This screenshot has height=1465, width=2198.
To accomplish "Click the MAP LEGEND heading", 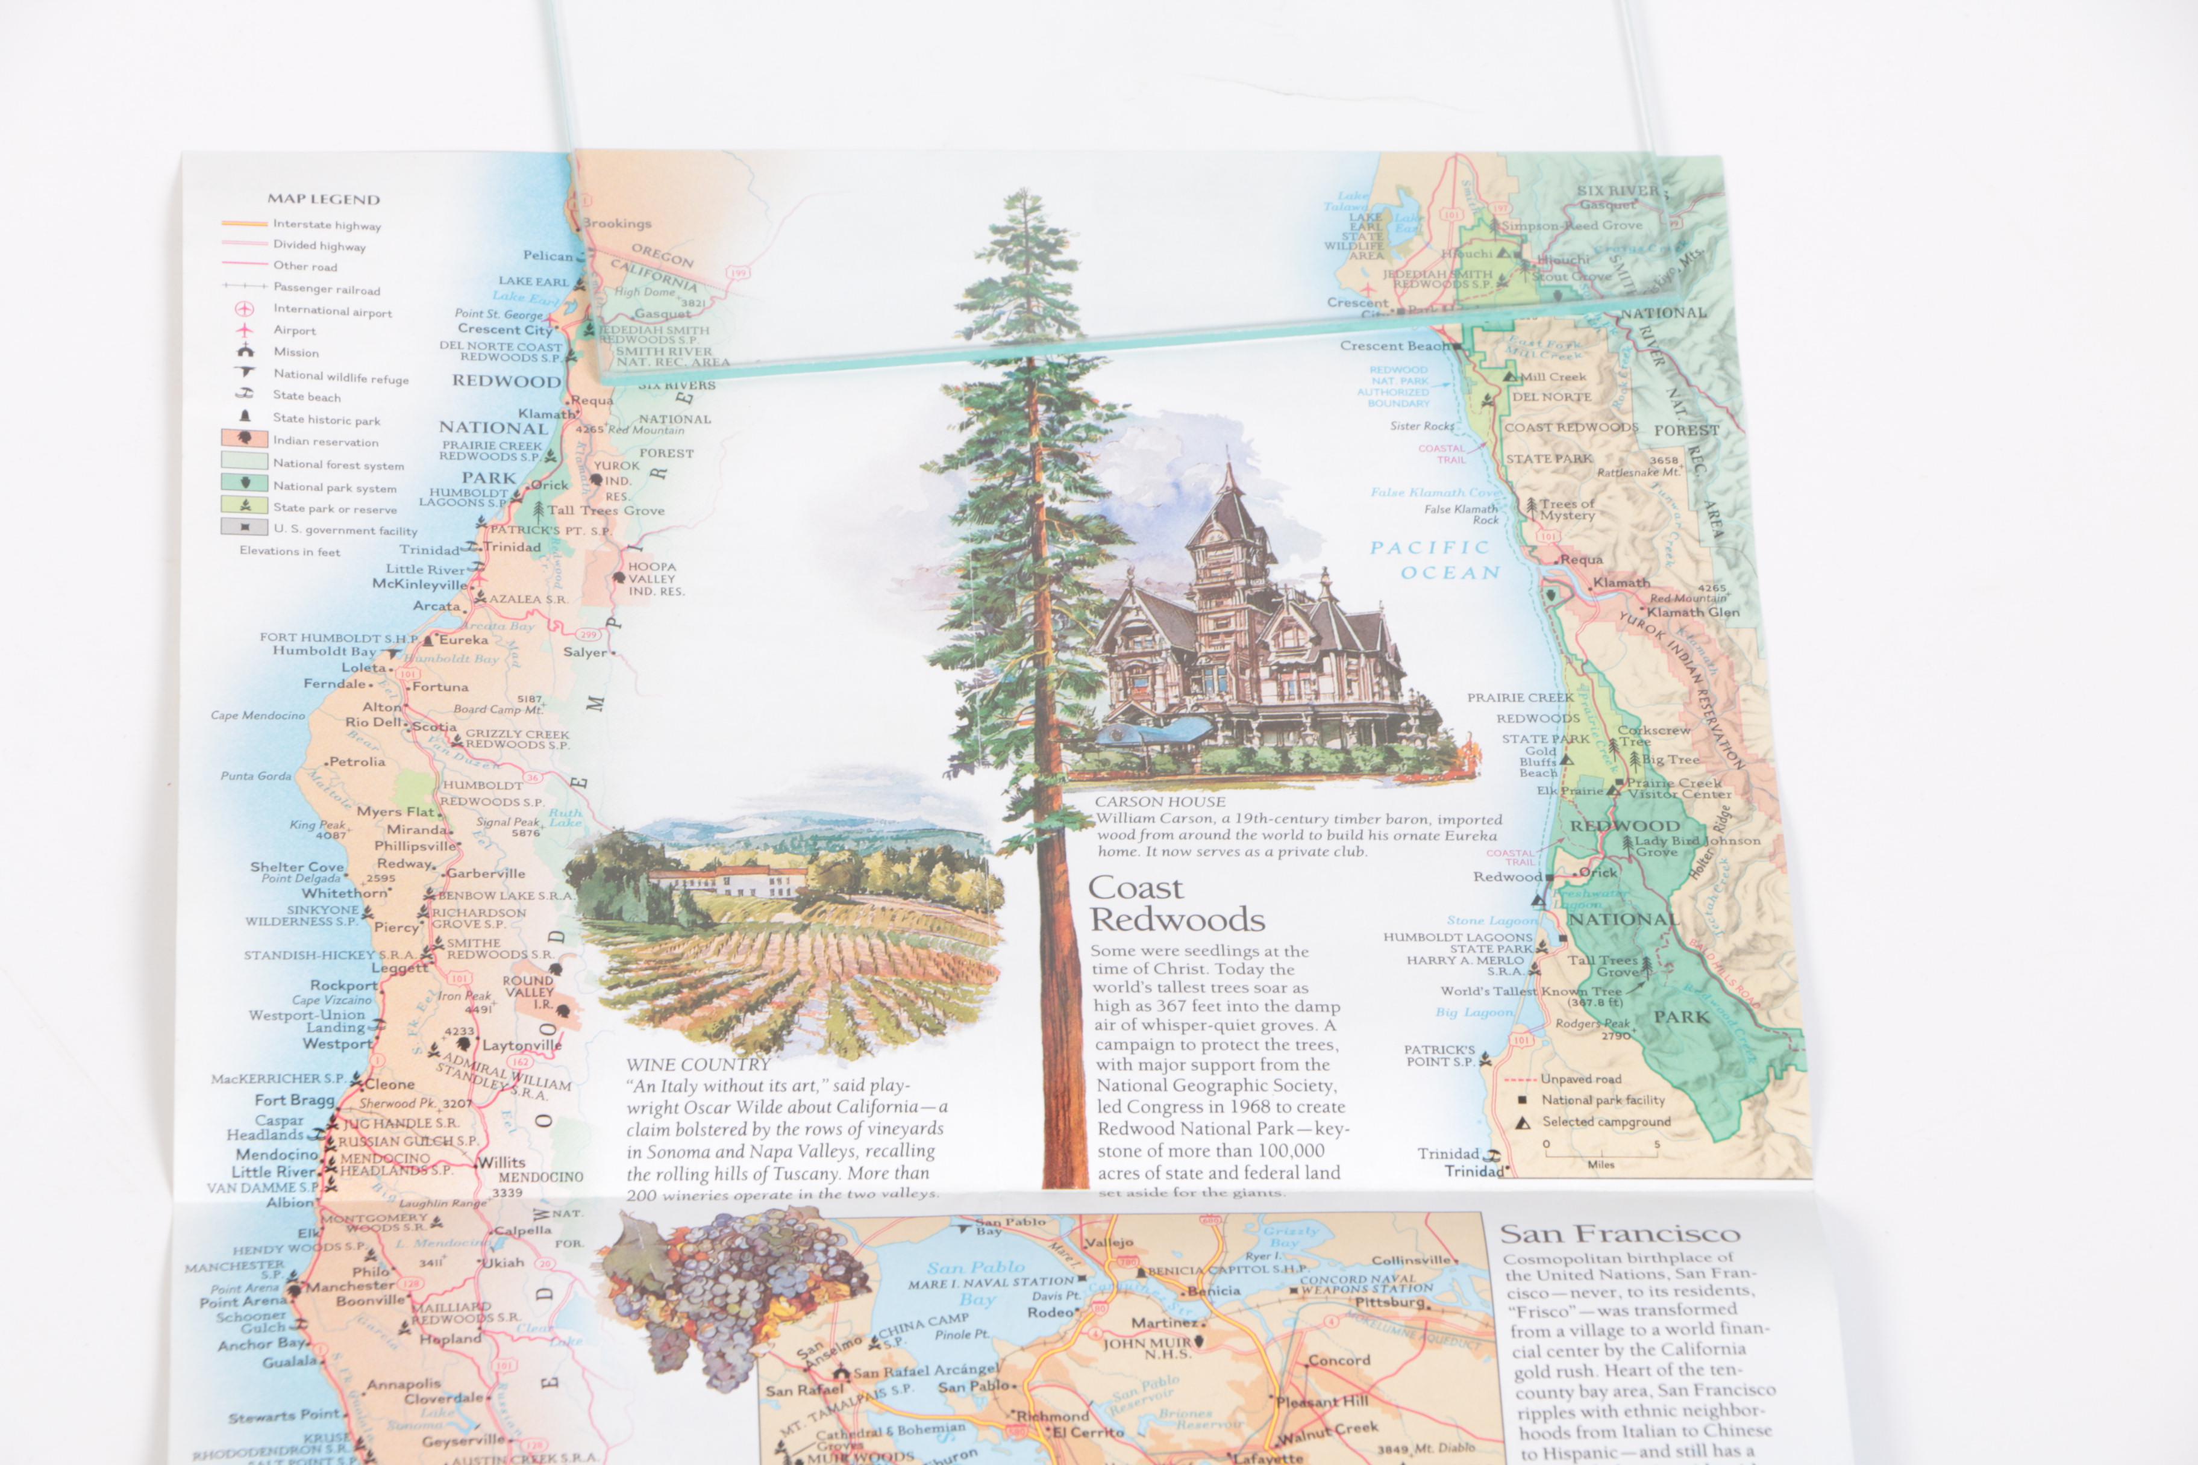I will coord(324,199).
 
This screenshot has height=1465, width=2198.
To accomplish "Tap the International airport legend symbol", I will coord(245,308).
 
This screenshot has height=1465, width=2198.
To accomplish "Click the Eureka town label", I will coord(463,640).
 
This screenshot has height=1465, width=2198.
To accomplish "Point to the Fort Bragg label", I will coord(293,1100).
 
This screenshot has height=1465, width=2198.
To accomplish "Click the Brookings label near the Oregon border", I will coord(618,223).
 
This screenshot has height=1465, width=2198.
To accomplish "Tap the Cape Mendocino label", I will coord(258,716).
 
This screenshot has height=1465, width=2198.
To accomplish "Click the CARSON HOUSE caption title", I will coord(1160,802).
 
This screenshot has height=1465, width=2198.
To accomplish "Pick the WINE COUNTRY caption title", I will coord(697,1065).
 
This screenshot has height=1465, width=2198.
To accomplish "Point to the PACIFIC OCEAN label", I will coord(1435,560).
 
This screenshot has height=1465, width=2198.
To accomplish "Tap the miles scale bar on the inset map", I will coord(1601,1155).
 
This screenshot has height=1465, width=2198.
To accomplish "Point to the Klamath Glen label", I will coord(1692,613).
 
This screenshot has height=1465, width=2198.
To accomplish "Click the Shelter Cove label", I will coord(297,866).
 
